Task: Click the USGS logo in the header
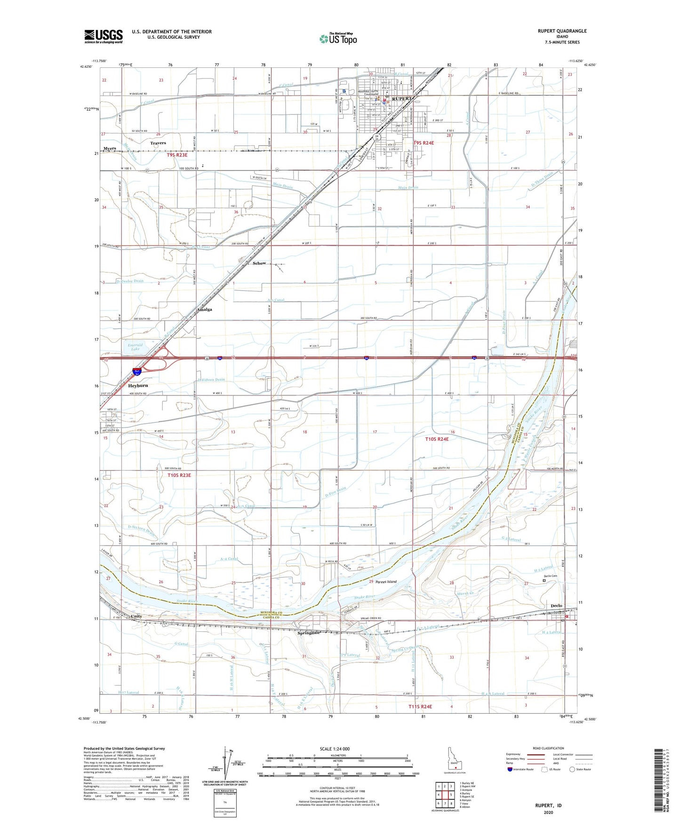pos(104,36)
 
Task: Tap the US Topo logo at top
pos(337,38)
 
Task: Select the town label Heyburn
pos(138,386)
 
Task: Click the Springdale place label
pos(308,633)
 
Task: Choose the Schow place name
pos(259,263)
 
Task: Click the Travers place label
pos(158,143)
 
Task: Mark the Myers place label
pos(110,149)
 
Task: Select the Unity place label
pos(136,616)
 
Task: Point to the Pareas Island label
pos(386,582)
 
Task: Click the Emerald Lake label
pos(135,347)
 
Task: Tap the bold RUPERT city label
pos(401,99)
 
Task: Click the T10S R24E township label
pos(437,439)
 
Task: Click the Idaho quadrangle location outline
pos(454,763)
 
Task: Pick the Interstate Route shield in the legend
pos(510,769)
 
